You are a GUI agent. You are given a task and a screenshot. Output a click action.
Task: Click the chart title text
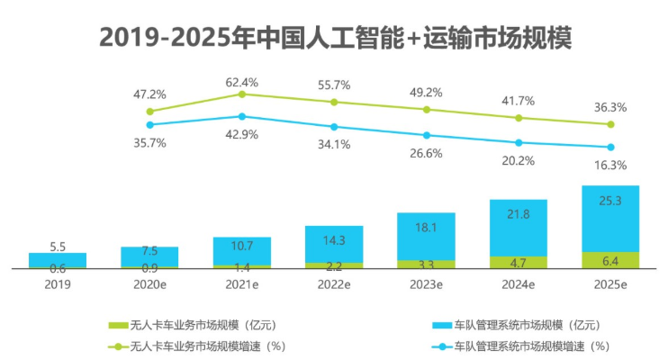pos(335,38)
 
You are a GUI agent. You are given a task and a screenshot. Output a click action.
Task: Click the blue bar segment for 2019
pos(58,259)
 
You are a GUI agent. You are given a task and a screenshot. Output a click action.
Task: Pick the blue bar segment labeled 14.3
pos(334,243)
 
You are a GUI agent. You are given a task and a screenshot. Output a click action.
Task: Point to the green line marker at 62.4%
pos(242,94)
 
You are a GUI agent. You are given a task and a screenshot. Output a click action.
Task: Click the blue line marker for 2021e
pos(242,116)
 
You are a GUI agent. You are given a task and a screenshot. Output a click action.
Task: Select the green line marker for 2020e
pos(150,112)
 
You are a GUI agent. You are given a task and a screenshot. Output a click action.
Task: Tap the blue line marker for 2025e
pos(610,148)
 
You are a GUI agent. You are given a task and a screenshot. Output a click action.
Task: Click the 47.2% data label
pos(149,94)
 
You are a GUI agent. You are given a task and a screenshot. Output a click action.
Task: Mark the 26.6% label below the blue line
pos(427,153)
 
